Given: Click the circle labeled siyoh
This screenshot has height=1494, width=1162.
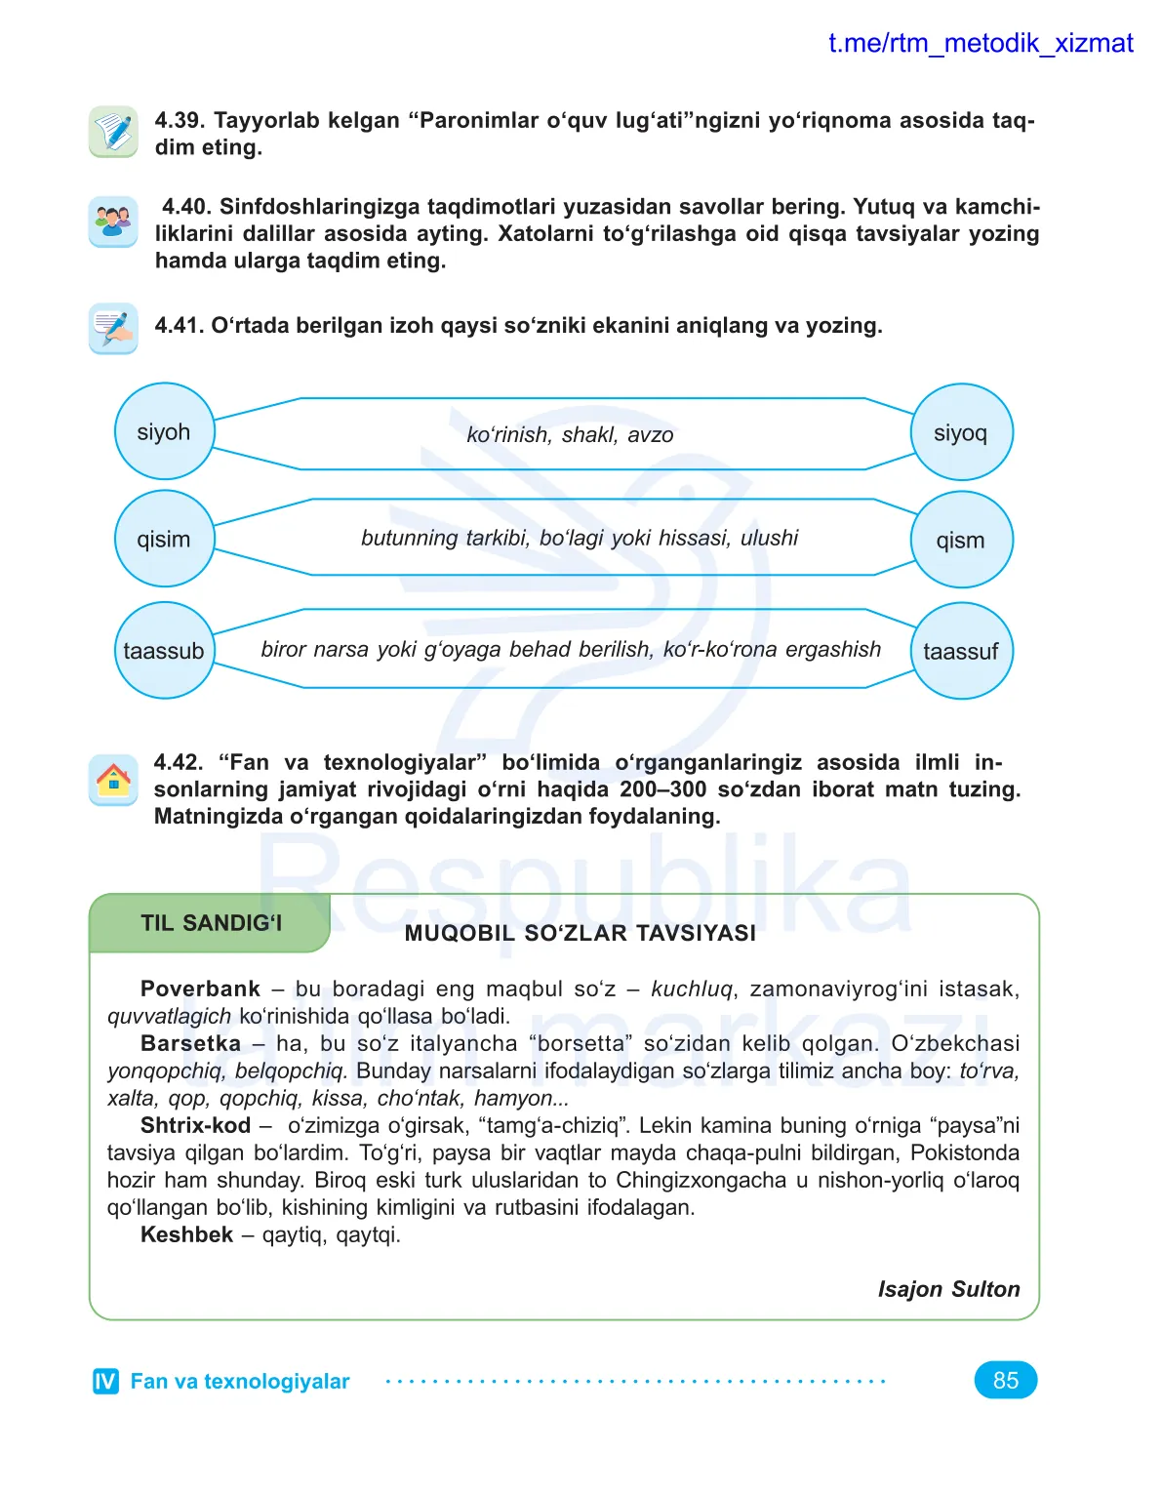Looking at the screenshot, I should [164, 431].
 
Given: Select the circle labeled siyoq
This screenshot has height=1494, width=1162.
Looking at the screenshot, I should [961, 432].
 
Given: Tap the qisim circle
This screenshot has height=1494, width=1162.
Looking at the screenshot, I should [164, 539].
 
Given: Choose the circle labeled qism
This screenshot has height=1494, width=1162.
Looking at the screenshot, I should [961, 540].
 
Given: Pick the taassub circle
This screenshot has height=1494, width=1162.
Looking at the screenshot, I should [164, 650].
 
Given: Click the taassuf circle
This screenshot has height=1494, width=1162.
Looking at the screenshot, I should [961, 651].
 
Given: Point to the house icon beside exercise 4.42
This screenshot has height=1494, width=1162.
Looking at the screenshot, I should [113, 781].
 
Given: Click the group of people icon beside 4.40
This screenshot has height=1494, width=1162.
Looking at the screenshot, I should [113, 222].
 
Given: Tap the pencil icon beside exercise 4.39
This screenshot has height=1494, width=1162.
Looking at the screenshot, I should [113, 132].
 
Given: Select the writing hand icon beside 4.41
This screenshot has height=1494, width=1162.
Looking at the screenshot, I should [113, 328].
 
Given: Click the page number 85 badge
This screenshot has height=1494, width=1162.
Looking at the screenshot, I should [1005, 1380].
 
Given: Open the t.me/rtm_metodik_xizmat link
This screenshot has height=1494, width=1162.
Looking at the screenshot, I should [981, 43].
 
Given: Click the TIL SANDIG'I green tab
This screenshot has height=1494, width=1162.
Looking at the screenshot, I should [211, 923].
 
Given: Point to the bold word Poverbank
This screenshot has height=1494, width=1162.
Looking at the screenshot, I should [200, 989].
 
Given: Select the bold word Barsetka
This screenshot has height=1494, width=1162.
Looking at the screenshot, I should [190, 1043].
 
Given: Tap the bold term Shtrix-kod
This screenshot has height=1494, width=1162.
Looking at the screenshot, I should [195, 1125].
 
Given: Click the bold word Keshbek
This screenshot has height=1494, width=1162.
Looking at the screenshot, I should [186, 1234].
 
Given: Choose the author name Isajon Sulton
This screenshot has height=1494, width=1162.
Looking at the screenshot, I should [948, 1289].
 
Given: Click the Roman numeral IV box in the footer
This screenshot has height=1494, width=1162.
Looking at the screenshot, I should [105, 1381].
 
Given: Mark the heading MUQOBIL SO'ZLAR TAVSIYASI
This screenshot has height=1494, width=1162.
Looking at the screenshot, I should [580, 933].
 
